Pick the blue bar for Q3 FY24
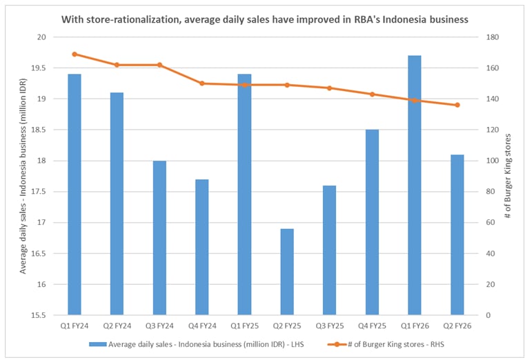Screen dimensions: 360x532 click(159, 238)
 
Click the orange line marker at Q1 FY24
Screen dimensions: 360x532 click(75, 54)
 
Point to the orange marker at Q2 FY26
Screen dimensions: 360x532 click(457, 105)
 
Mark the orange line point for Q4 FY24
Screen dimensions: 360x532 click(201, 83)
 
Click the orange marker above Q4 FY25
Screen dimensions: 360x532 click(372, 94)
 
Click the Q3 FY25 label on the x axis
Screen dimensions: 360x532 click(329, 326)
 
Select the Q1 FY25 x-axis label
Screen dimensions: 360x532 click(244, 326)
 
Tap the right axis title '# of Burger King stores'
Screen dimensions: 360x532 click(508, 176)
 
